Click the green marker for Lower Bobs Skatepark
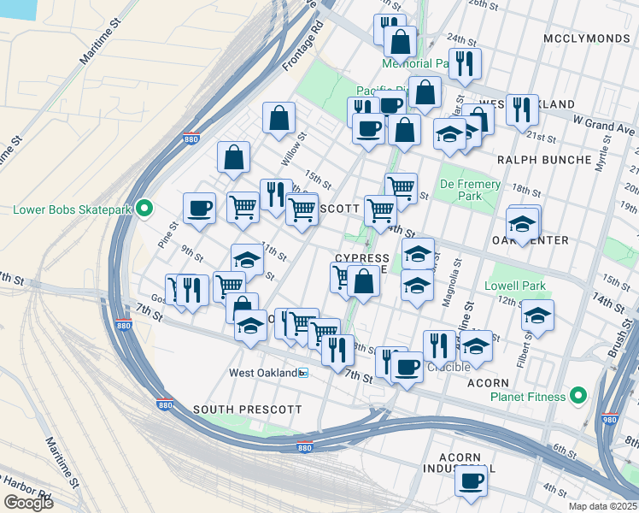pyautogui.click(x=144, y=209)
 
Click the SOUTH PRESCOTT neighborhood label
pyautogui.click(x=247, y=410)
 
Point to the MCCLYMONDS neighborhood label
pyautogui.click(x=589, y=39)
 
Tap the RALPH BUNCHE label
pyautogui.click(x=544, y=160)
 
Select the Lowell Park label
pyautogui.click(x=514, y=285)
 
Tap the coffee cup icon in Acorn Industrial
pyautogui.click(x=470, y=480)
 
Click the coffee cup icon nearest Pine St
pyautogui.click(x=199, y=208)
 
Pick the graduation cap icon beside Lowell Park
pyautogui.click(x=537, y=315)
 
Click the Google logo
pyautogui.click(x=28, y=503)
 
